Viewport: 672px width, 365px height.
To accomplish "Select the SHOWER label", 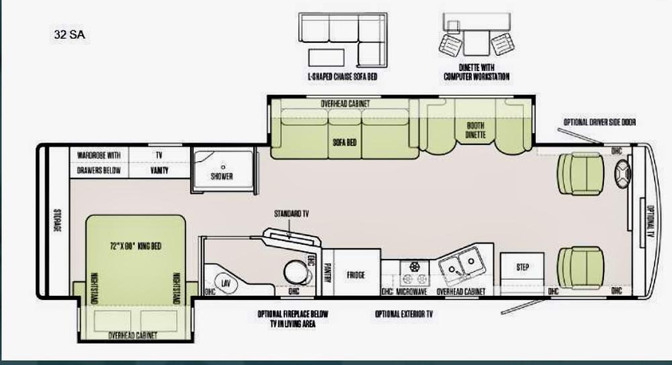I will tap(221, 176).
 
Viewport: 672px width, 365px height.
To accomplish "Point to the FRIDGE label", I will tap(355, 275).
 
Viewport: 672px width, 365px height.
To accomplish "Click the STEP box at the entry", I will tap(522, 268).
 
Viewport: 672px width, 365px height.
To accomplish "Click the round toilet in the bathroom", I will tap(292, 271).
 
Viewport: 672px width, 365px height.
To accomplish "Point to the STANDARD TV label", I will tap(291, 214).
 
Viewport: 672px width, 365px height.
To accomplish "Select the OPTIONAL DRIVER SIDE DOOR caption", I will tap(599, 122).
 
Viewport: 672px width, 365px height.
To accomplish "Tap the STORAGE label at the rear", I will tap(57, 222).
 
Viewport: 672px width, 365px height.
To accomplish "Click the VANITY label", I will tap(159, 170).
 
